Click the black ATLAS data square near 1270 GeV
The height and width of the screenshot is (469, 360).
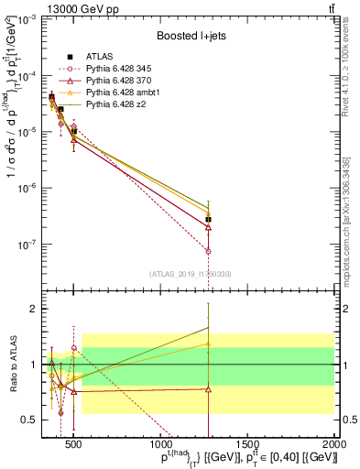(208, 220)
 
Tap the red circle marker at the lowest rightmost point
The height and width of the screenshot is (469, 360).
(208, 251)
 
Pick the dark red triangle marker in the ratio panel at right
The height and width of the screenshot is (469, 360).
(208, 389)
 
